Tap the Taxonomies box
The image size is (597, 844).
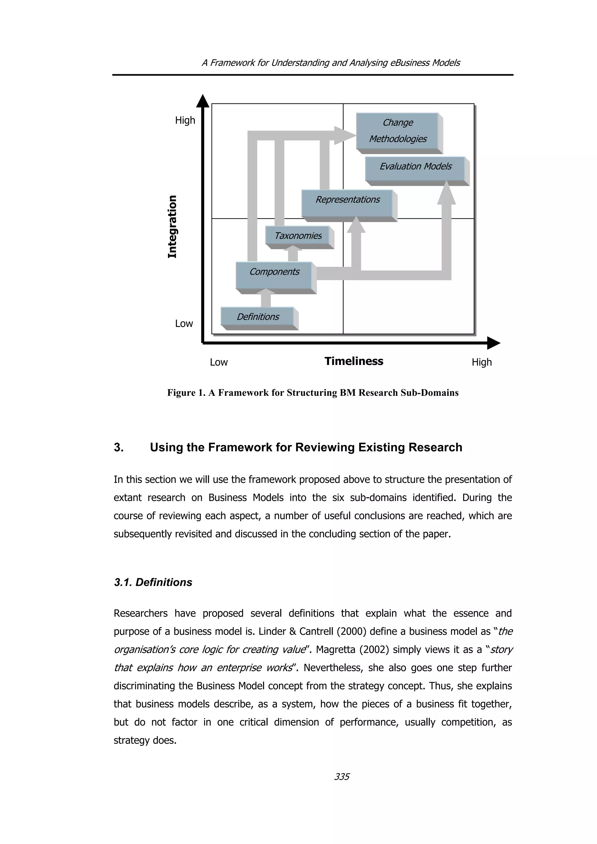tap(298, 236)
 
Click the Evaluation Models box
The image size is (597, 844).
tap(415, 168)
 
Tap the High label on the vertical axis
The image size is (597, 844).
tap(185, 120)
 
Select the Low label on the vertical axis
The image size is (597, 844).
tap(184, 324)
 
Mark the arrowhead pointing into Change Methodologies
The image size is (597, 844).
tap(344, 135)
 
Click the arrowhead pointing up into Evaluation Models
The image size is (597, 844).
tap(446, 193)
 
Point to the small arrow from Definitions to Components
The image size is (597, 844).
tap(266, 297)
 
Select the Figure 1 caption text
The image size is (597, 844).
tap(313, 393)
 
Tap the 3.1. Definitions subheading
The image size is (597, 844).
tap(153, 582)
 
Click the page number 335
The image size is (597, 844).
tap(342, 777)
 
